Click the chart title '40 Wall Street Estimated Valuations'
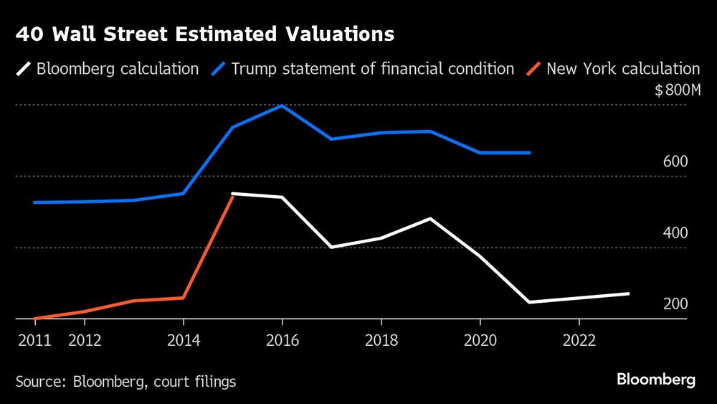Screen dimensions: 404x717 [204, 34]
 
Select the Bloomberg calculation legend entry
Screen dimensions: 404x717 [108, 69]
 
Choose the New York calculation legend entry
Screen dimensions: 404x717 [614, 69]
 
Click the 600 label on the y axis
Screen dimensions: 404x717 [675, 161]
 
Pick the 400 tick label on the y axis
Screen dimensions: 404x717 [675, 232]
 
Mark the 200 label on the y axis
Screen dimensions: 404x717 [675, 304]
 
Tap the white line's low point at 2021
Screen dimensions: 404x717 [529, 302]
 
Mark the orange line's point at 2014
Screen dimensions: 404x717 [184, 298]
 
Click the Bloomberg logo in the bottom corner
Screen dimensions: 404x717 [656, 380]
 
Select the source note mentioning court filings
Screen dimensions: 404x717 [125, 381]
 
